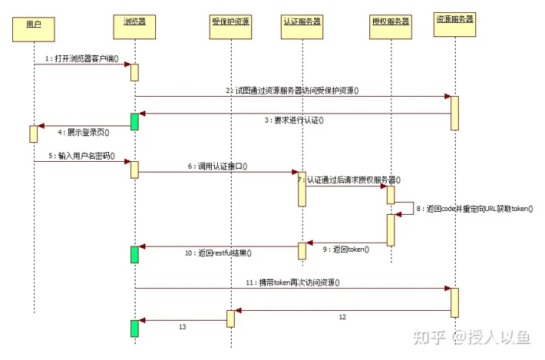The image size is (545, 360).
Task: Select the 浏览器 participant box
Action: [135, 23]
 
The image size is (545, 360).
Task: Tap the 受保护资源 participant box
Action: [230, 23]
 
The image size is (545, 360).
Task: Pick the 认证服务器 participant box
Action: [303, 23]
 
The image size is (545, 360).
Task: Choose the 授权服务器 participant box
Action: [391, 24]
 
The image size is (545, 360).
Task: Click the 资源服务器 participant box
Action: [455, 20]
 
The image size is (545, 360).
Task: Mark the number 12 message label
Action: [342, 318]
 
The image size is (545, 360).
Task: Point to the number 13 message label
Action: [182, 327]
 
